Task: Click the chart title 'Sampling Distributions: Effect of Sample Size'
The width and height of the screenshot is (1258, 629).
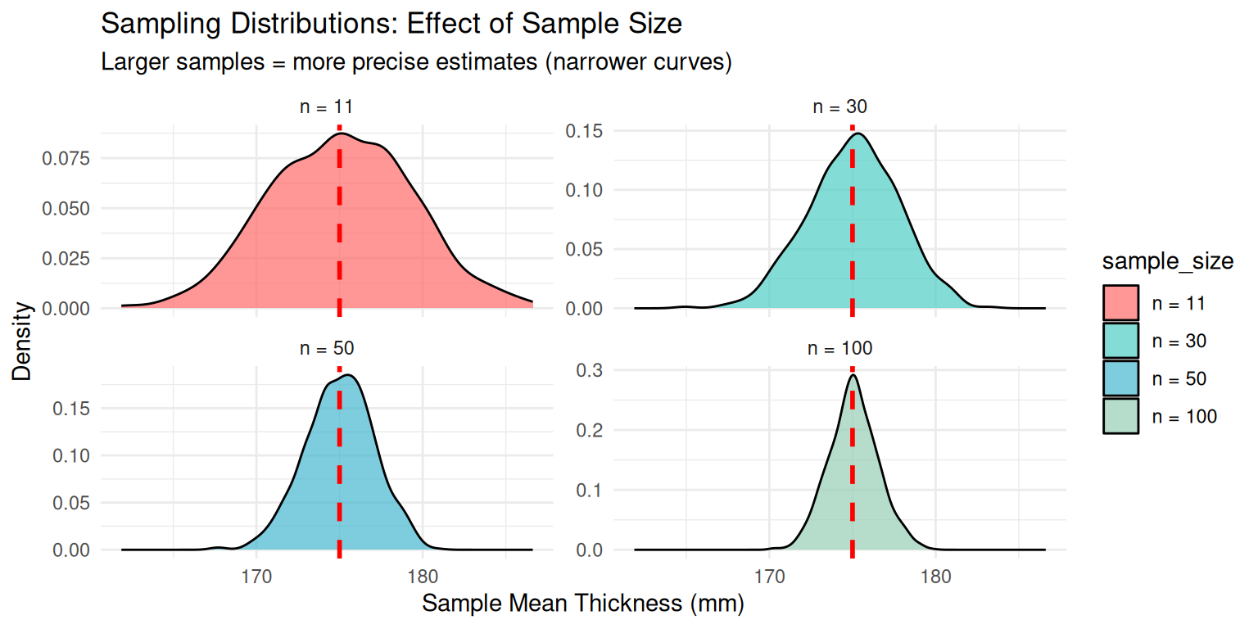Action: click(x=391, y=24)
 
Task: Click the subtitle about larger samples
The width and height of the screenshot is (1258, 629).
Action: click(x=415, y=62)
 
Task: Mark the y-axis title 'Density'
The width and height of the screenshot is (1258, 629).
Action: click(x=25, y=342)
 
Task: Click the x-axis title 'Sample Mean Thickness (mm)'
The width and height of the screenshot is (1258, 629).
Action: click(x=582, y=604)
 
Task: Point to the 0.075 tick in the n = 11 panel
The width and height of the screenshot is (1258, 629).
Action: click(x=65, y=158)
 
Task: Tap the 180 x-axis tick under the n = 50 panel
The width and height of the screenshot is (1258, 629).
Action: click(x=422, y=574)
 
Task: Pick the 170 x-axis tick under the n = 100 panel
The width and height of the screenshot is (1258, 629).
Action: click(x=770, y=574)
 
